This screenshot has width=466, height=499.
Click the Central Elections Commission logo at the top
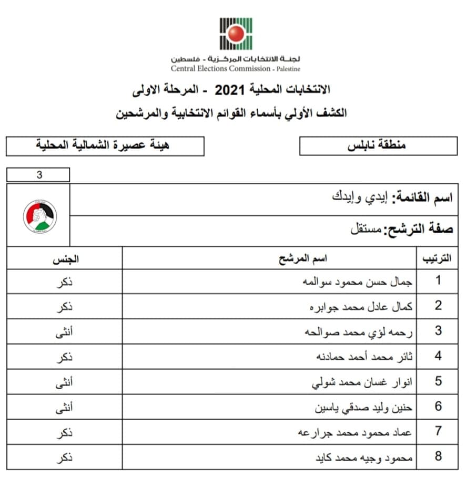[235, 34]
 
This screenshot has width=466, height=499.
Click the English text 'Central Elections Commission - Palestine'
[235, 69]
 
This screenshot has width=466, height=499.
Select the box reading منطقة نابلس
[378, 146]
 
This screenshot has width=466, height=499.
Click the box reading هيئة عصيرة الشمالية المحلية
[105, 146]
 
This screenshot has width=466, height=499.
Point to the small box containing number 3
[38, 175]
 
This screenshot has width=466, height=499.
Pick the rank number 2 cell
[438, 306]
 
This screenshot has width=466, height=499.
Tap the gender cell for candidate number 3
[64, 331]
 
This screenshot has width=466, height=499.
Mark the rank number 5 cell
[438, 381]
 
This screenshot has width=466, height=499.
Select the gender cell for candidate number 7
[64, 432]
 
